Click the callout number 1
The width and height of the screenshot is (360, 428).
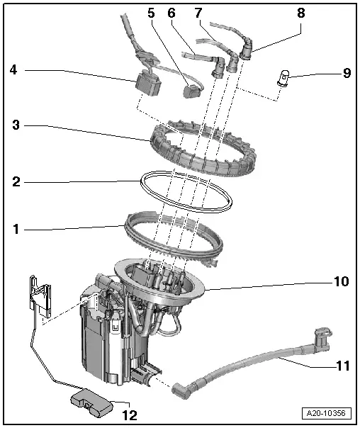pyautogui.click(x=15, y=229)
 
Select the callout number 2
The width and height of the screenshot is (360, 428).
pyautogui.click(x=15, y=181)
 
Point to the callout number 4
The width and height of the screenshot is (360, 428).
pyautogui.click(x=14, y=69)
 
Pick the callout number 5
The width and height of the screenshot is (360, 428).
pyautogui.click(x=150, y=12)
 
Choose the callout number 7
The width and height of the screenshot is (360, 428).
pyautogui.click(x=198, y=12)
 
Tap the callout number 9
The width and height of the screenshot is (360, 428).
pyautogui.click(x=347, y=72)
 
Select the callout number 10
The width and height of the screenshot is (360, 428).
pyautogui.click(x=342, y=281)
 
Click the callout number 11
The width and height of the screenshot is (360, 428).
pyautogui.click(x=342, y=367)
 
